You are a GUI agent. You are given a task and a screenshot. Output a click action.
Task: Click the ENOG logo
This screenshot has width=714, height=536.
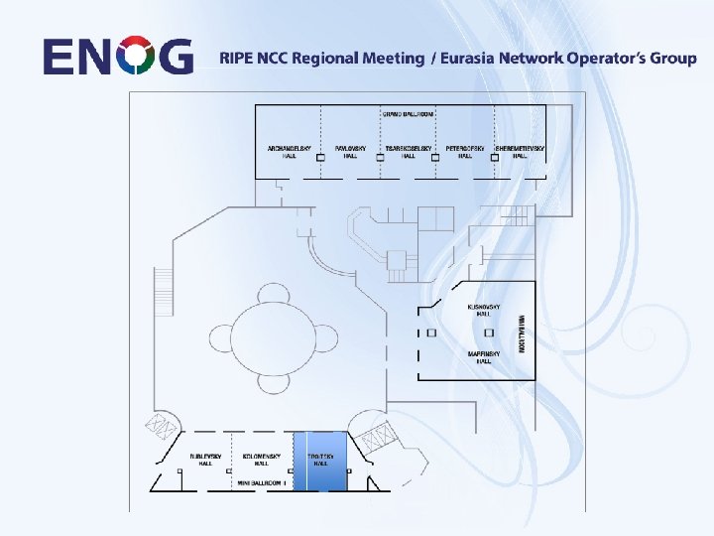pyautogui.click(x=118, y=56)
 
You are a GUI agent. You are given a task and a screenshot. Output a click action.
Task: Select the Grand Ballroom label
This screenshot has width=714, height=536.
pyautogui.click(x=408, y=114)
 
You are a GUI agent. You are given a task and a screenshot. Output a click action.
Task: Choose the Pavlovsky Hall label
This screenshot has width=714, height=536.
pyautogui.click(x=350, y=152)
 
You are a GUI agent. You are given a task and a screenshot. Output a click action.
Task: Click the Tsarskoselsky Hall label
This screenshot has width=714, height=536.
pyautogui.click(x=409, y=152)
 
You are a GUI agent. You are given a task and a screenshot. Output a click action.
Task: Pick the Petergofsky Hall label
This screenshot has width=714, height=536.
pyautogui.click(x=464, y=152)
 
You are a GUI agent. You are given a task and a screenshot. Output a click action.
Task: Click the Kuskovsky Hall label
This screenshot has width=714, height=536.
pyautogui.click(x=484, y=311)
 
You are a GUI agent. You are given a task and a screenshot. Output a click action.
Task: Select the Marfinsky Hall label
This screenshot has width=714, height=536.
pyautogui.click(x=484, y=357)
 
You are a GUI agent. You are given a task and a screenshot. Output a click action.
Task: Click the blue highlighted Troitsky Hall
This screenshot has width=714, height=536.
pyautogui.click(x=320, y=461)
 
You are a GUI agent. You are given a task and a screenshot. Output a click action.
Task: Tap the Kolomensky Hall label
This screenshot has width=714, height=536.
pyautogui.click(x=262, y=460)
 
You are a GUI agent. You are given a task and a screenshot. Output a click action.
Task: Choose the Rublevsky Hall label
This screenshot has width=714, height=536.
pyautogui.click(x=205, y=460)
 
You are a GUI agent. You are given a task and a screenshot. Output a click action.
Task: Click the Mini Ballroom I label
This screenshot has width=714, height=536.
pyautogui.click(x=262, y=483)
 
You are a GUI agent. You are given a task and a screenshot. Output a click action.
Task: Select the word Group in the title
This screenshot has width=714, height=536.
pyautogui.click(x=672, y=58)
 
